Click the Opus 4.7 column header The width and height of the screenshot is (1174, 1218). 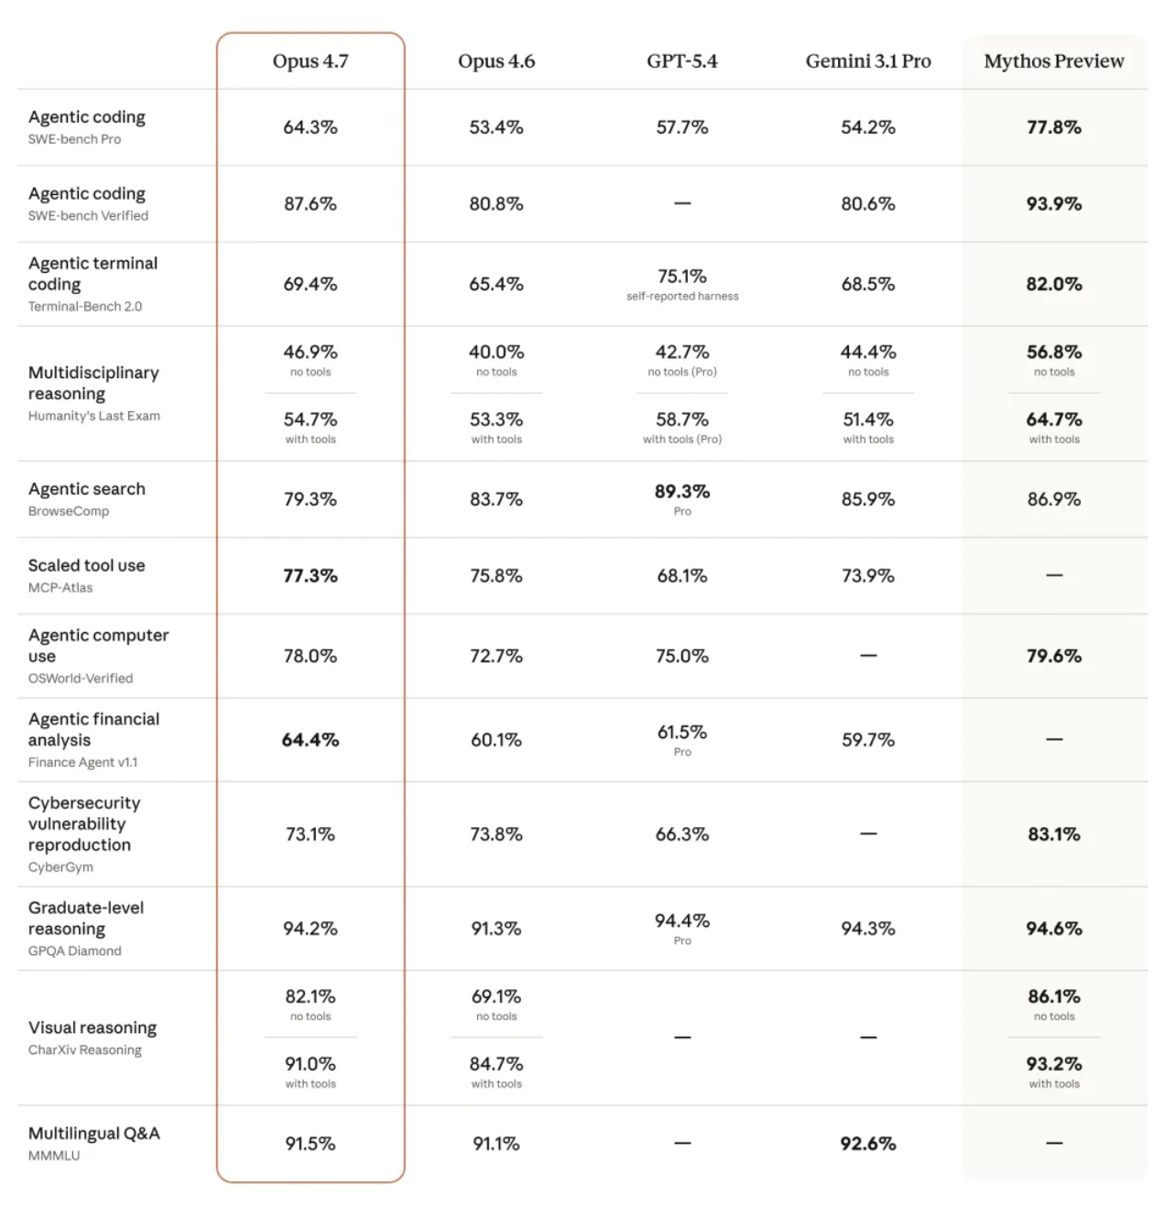point(310,61)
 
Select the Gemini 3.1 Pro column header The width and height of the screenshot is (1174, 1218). point(868,61)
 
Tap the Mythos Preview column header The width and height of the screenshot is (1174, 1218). point(1054,61)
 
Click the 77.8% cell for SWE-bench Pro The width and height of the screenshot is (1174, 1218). point(1054,127)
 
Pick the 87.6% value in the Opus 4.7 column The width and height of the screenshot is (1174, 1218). point(310,203)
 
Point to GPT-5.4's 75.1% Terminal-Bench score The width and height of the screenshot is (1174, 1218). point(682,277)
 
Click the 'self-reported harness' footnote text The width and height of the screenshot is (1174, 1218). point(682,297)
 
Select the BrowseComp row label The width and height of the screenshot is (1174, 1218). point(69,511)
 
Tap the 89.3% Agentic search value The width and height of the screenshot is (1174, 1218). point(682,492)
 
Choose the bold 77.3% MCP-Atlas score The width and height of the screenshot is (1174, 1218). point(310,576)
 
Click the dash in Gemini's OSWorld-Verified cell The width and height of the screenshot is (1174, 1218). point(868,656)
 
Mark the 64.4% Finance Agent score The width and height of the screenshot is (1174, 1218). point(310,740)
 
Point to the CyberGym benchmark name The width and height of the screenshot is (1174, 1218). point(60,867)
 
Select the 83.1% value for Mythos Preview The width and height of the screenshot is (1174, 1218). point(1054,834)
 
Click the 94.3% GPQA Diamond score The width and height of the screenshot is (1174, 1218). point(868,929)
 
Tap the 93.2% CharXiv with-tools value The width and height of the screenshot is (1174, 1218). point(1054,1064)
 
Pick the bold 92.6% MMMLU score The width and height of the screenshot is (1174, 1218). point(868,1144)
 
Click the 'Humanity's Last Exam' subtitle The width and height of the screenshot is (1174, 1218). point(94,416)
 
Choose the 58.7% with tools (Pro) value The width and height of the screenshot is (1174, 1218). point(682,419)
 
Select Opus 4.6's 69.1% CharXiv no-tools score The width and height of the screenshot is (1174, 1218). point(496,996)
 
